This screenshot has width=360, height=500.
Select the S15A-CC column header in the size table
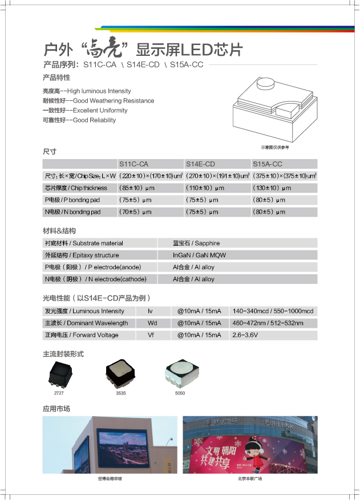268,164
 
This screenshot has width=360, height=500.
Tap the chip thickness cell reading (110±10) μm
205,188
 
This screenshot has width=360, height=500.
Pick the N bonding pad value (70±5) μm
135,212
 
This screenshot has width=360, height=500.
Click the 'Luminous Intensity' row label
84,311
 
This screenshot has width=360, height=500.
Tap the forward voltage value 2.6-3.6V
245,335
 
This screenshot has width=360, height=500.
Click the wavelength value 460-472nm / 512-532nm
268,323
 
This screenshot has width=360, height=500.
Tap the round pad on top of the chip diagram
268,84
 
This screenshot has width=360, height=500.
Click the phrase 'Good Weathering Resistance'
114,101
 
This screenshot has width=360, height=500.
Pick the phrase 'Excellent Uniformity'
100,111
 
